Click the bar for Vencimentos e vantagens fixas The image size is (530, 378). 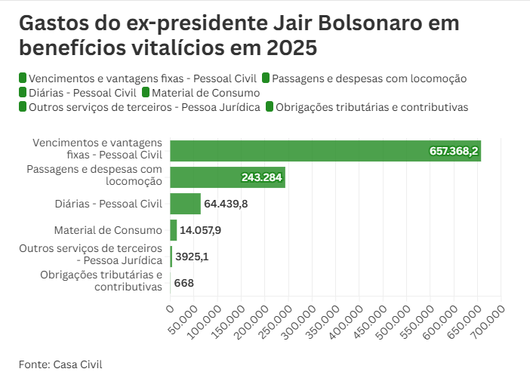coord(325,151)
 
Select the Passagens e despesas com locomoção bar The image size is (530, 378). coord(226,177)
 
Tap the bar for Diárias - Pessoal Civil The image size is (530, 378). coord(185,204)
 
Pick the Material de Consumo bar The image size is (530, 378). coord(174,230)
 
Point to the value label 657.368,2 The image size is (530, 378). coord(454,152)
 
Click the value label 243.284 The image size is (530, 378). coord(261,178)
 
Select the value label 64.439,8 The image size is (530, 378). coord(226,204)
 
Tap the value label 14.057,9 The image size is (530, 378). coord(200,230)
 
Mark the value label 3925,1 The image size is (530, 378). coord(192,257)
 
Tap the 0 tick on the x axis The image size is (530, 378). coord(170,309)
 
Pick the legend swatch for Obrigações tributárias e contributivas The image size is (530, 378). coord(270,107)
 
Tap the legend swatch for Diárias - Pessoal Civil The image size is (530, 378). coord(23,93)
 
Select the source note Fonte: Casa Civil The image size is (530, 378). coord(60,364)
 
